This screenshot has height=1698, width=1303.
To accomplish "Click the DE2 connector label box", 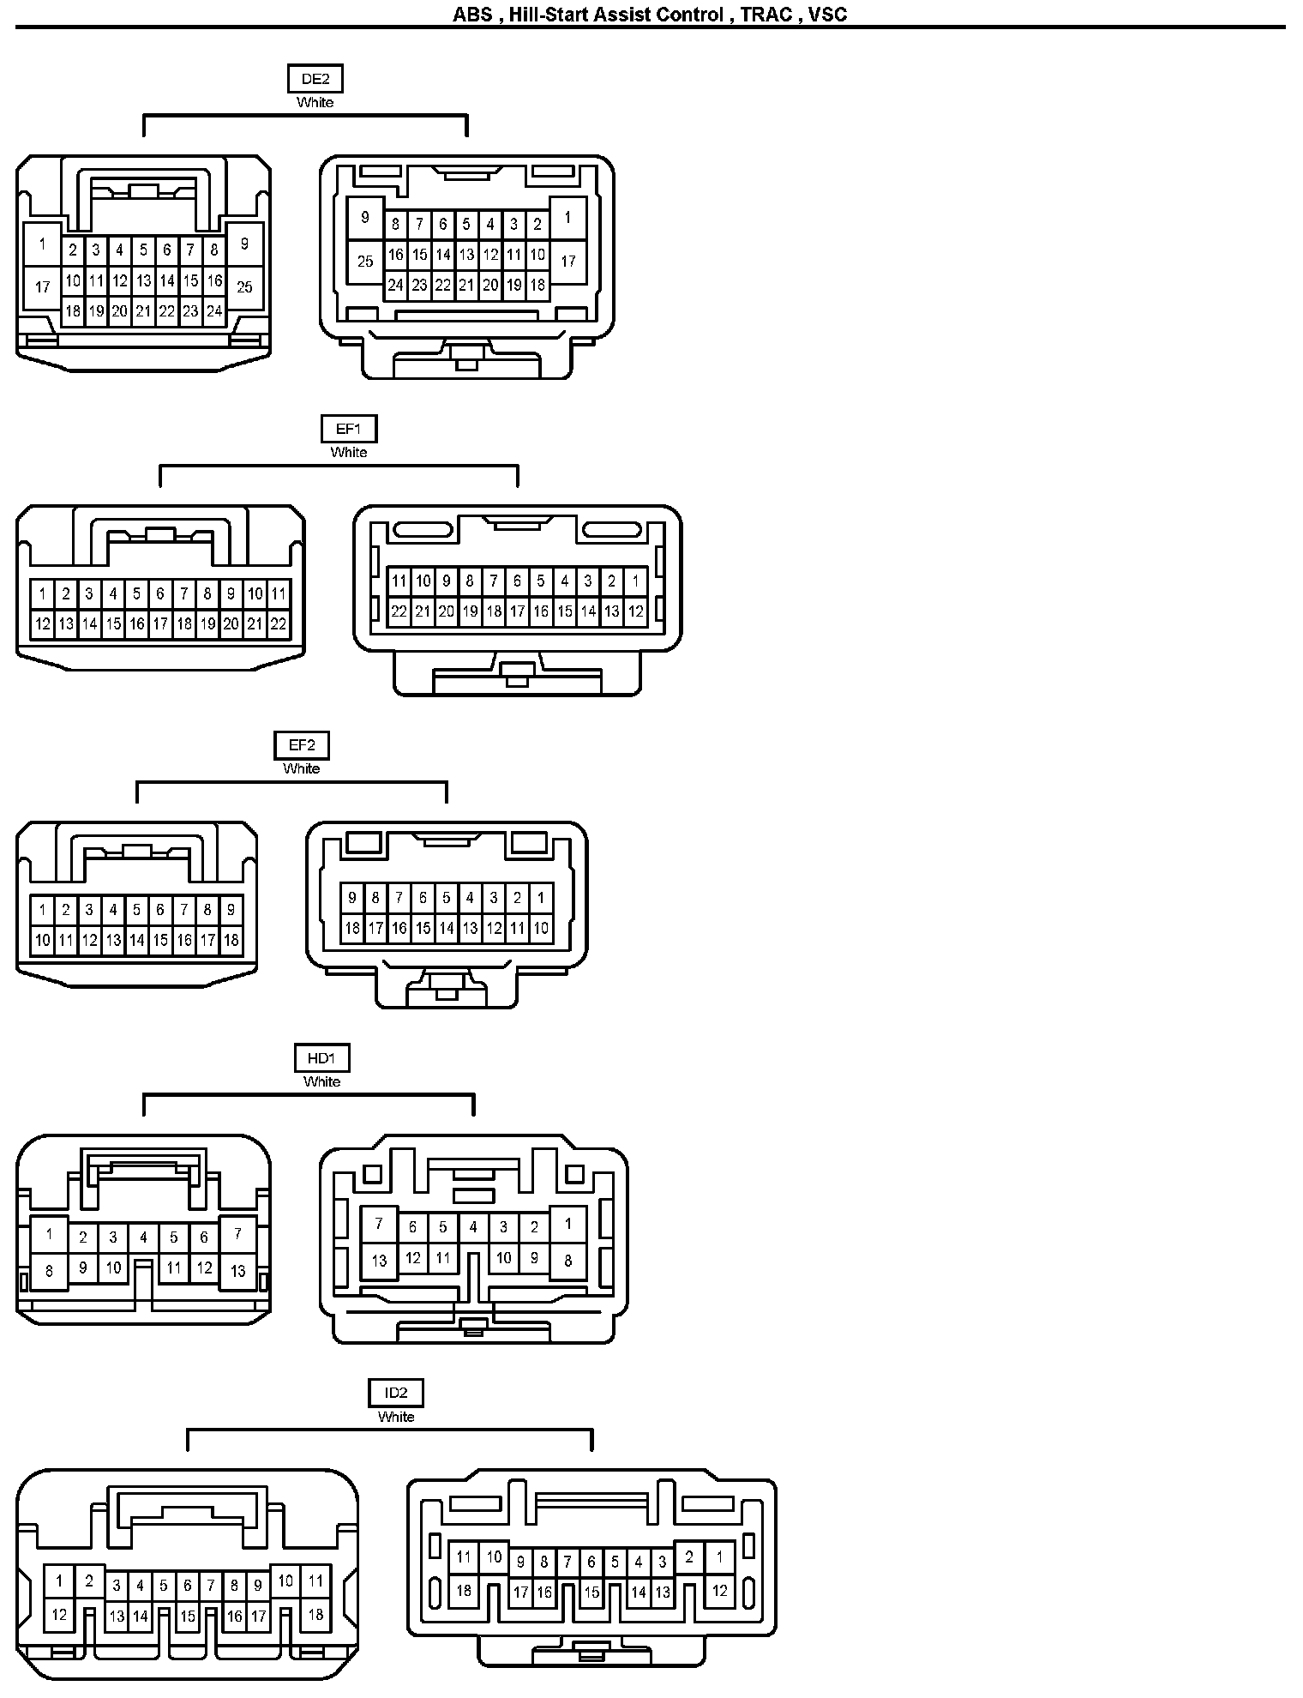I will point(315,79).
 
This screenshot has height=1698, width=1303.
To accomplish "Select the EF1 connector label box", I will point(349,429).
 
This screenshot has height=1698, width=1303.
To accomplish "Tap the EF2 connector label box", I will point(301,745).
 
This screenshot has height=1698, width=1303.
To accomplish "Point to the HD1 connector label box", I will point(321,1058).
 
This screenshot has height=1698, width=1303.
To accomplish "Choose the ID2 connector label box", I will point(396,1393).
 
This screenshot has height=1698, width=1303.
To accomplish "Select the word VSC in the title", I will point(827,15).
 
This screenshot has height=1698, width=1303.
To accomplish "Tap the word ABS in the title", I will point(472,15).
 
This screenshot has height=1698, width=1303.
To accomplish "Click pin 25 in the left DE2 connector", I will point(244,286).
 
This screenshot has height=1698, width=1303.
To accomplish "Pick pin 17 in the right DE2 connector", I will point(567,261).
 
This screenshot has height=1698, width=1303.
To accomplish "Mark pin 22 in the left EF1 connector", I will point(278,624).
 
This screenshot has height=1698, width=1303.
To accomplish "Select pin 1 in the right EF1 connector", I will point(635,581).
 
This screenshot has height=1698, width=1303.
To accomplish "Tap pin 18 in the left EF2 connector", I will point(231,941).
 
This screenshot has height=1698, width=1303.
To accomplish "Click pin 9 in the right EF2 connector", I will point(351,898).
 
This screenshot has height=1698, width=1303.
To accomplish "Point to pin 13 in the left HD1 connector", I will point(237,1272).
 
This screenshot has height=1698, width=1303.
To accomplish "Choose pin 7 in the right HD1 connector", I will point(379,1224).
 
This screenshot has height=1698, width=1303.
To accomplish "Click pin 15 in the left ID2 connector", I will point(188,1617).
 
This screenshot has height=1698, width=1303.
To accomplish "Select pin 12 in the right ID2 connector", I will point(719,1591).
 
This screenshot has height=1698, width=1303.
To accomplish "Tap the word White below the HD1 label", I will point(321,1082).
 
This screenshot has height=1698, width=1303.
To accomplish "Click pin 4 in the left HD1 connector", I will point(143,1237).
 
